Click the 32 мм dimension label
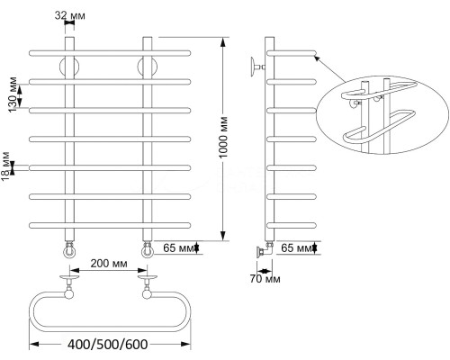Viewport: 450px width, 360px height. [69, 15]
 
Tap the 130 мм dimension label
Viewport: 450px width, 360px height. [13, 95]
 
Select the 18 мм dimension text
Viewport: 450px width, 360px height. [6, 166]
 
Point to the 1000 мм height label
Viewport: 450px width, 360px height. [223, 138]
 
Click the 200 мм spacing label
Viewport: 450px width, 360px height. [109, 264]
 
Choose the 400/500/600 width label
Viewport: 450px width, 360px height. [108, 345]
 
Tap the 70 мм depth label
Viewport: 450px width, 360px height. [265, 279]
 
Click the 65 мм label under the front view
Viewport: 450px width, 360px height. [179, 248]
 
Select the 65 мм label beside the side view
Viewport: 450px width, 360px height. [297, 248]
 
